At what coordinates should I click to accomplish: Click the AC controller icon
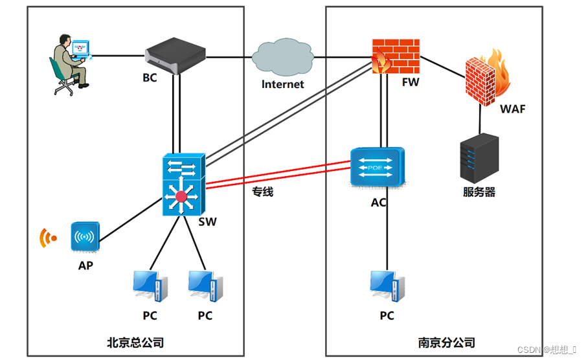378,168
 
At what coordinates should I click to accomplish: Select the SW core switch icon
183,185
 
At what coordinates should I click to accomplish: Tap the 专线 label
262,192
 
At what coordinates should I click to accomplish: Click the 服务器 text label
479,192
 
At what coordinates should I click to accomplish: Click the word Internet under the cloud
282,84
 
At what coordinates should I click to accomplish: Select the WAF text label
512,109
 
